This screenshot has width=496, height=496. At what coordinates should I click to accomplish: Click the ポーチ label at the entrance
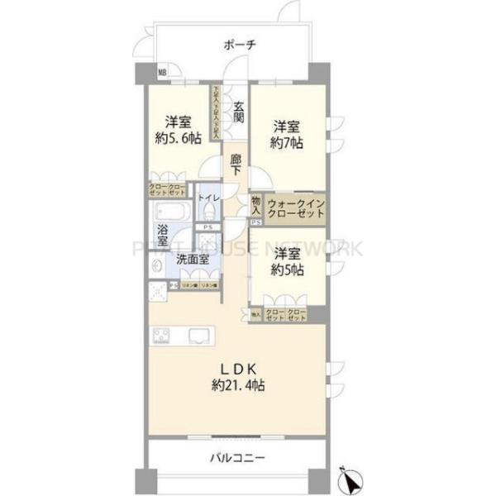click(240, 46)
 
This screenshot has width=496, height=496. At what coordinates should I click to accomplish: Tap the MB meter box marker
click(163, 73)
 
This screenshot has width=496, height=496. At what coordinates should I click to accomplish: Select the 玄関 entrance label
click(238, 112)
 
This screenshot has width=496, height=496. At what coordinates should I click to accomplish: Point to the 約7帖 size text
click(286, 142)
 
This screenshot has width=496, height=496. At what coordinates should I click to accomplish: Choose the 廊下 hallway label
click(237, 165)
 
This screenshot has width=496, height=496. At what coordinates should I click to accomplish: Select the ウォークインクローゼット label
click(295, 207)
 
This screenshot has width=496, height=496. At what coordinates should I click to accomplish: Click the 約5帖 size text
click(285, 269)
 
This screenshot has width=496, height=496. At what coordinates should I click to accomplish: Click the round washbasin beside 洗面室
click(157, 266)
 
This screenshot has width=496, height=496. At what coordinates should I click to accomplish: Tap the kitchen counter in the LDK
click(184, 336)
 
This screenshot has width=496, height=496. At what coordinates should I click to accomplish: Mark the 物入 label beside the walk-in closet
click(257, 206)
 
